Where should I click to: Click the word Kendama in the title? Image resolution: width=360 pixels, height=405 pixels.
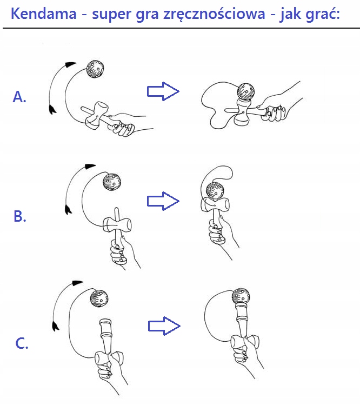44,14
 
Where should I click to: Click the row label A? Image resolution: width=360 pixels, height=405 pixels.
19,97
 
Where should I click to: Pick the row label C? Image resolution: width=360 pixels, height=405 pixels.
21,343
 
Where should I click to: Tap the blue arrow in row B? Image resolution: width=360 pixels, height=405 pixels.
163,201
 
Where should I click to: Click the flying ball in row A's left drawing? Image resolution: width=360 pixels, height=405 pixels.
96,69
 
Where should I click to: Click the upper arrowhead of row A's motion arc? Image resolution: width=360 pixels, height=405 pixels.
69,64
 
